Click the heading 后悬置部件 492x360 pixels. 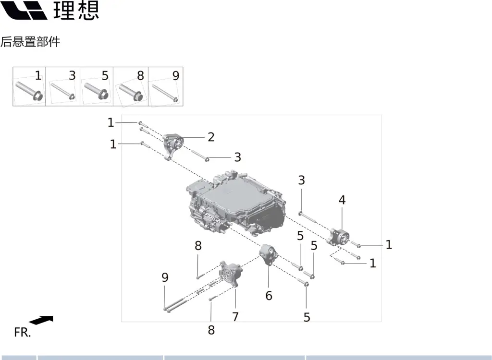(30, 42)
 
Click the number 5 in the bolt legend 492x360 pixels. (105, 75)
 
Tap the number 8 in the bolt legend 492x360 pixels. (140, 75)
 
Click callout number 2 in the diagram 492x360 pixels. (211, 137)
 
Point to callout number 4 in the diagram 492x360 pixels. (342, 200)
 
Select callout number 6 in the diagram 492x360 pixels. (269, 296)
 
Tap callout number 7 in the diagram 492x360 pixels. (235, 317)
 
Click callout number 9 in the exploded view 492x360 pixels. (165, 277)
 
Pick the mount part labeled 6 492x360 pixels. (268, 255)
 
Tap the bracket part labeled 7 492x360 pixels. (231, 274)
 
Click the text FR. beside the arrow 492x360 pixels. (22, 332)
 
